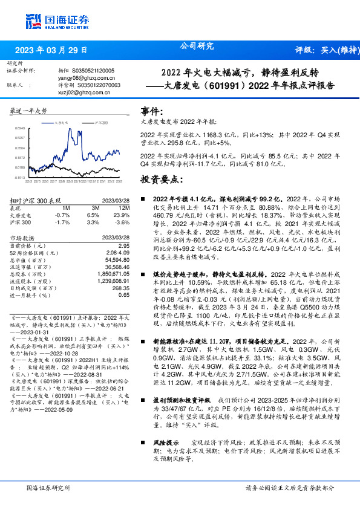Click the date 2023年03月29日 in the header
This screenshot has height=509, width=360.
tap(51, 50)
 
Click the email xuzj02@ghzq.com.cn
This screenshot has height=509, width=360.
tap(76, 92)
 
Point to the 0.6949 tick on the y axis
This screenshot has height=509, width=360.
tap(19, 128)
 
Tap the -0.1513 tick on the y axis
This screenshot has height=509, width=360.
tap(19, 177)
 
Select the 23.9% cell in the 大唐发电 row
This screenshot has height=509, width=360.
tap(122, 215)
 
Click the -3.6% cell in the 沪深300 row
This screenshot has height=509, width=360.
tap(122, 222)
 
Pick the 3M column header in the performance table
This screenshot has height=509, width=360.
tap(93, 207)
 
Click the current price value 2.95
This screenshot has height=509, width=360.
tap(124, 245)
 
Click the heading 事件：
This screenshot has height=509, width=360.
tap(152, 112)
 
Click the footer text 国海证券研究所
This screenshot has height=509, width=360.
tap(46, 488)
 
